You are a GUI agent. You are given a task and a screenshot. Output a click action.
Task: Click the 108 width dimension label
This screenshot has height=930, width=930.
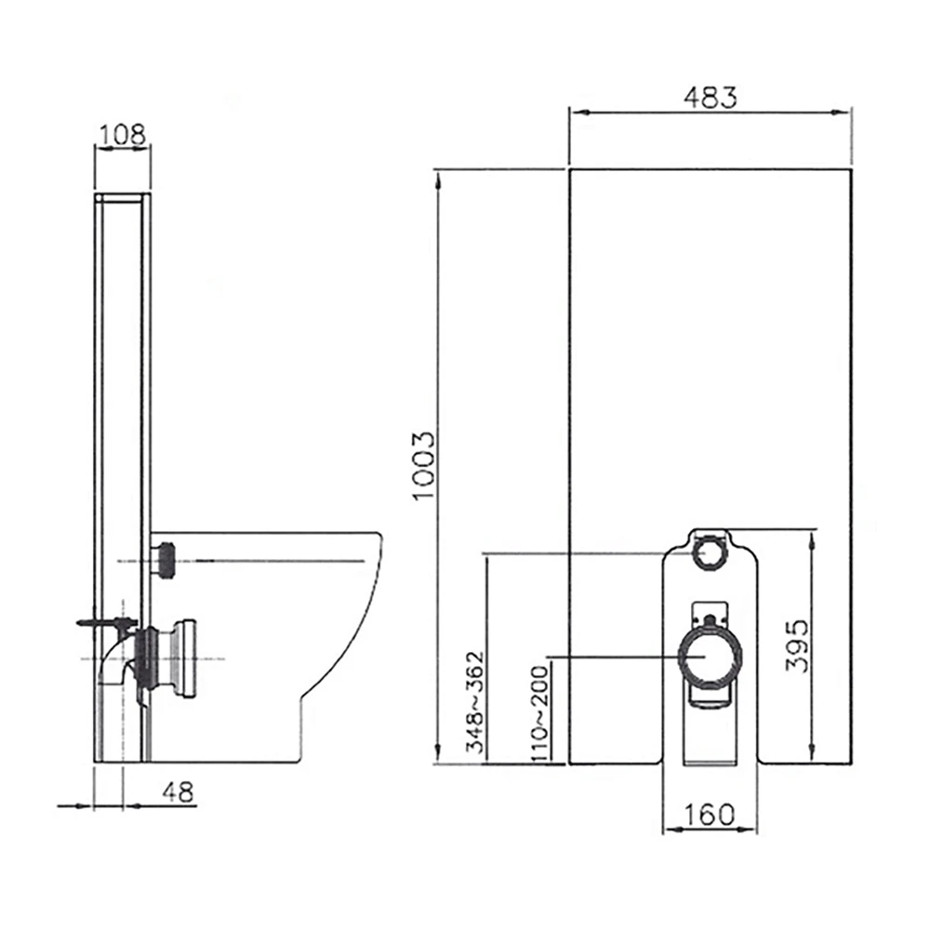tap(123, 134)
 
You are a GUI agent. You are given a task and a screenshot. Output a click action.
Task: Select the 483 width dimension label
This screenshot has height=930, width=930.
tap(710, 98)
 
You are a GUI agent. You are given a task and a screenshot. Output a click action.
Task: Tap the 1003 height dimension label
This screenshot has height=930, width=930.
tap(424, 465)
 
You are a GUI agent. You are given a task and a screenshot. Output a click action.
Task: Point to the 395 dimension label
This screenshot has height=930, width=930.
tap(795, 644)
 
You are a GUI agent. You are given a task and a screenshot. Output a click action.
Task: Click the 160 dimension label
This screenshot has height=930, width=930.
tap(709, 814)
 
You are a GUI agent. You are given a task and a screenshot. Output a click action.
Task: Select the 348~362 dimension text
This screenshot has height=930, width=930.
tap(475, 702)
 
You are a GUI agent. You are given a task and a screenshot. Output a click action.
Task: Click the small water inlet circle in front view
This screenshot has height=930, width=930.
tap(710, 553)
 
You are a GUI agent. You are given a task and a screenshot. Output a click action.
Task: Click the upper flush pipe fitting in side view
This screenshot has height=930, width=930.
tap(165, 559)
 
